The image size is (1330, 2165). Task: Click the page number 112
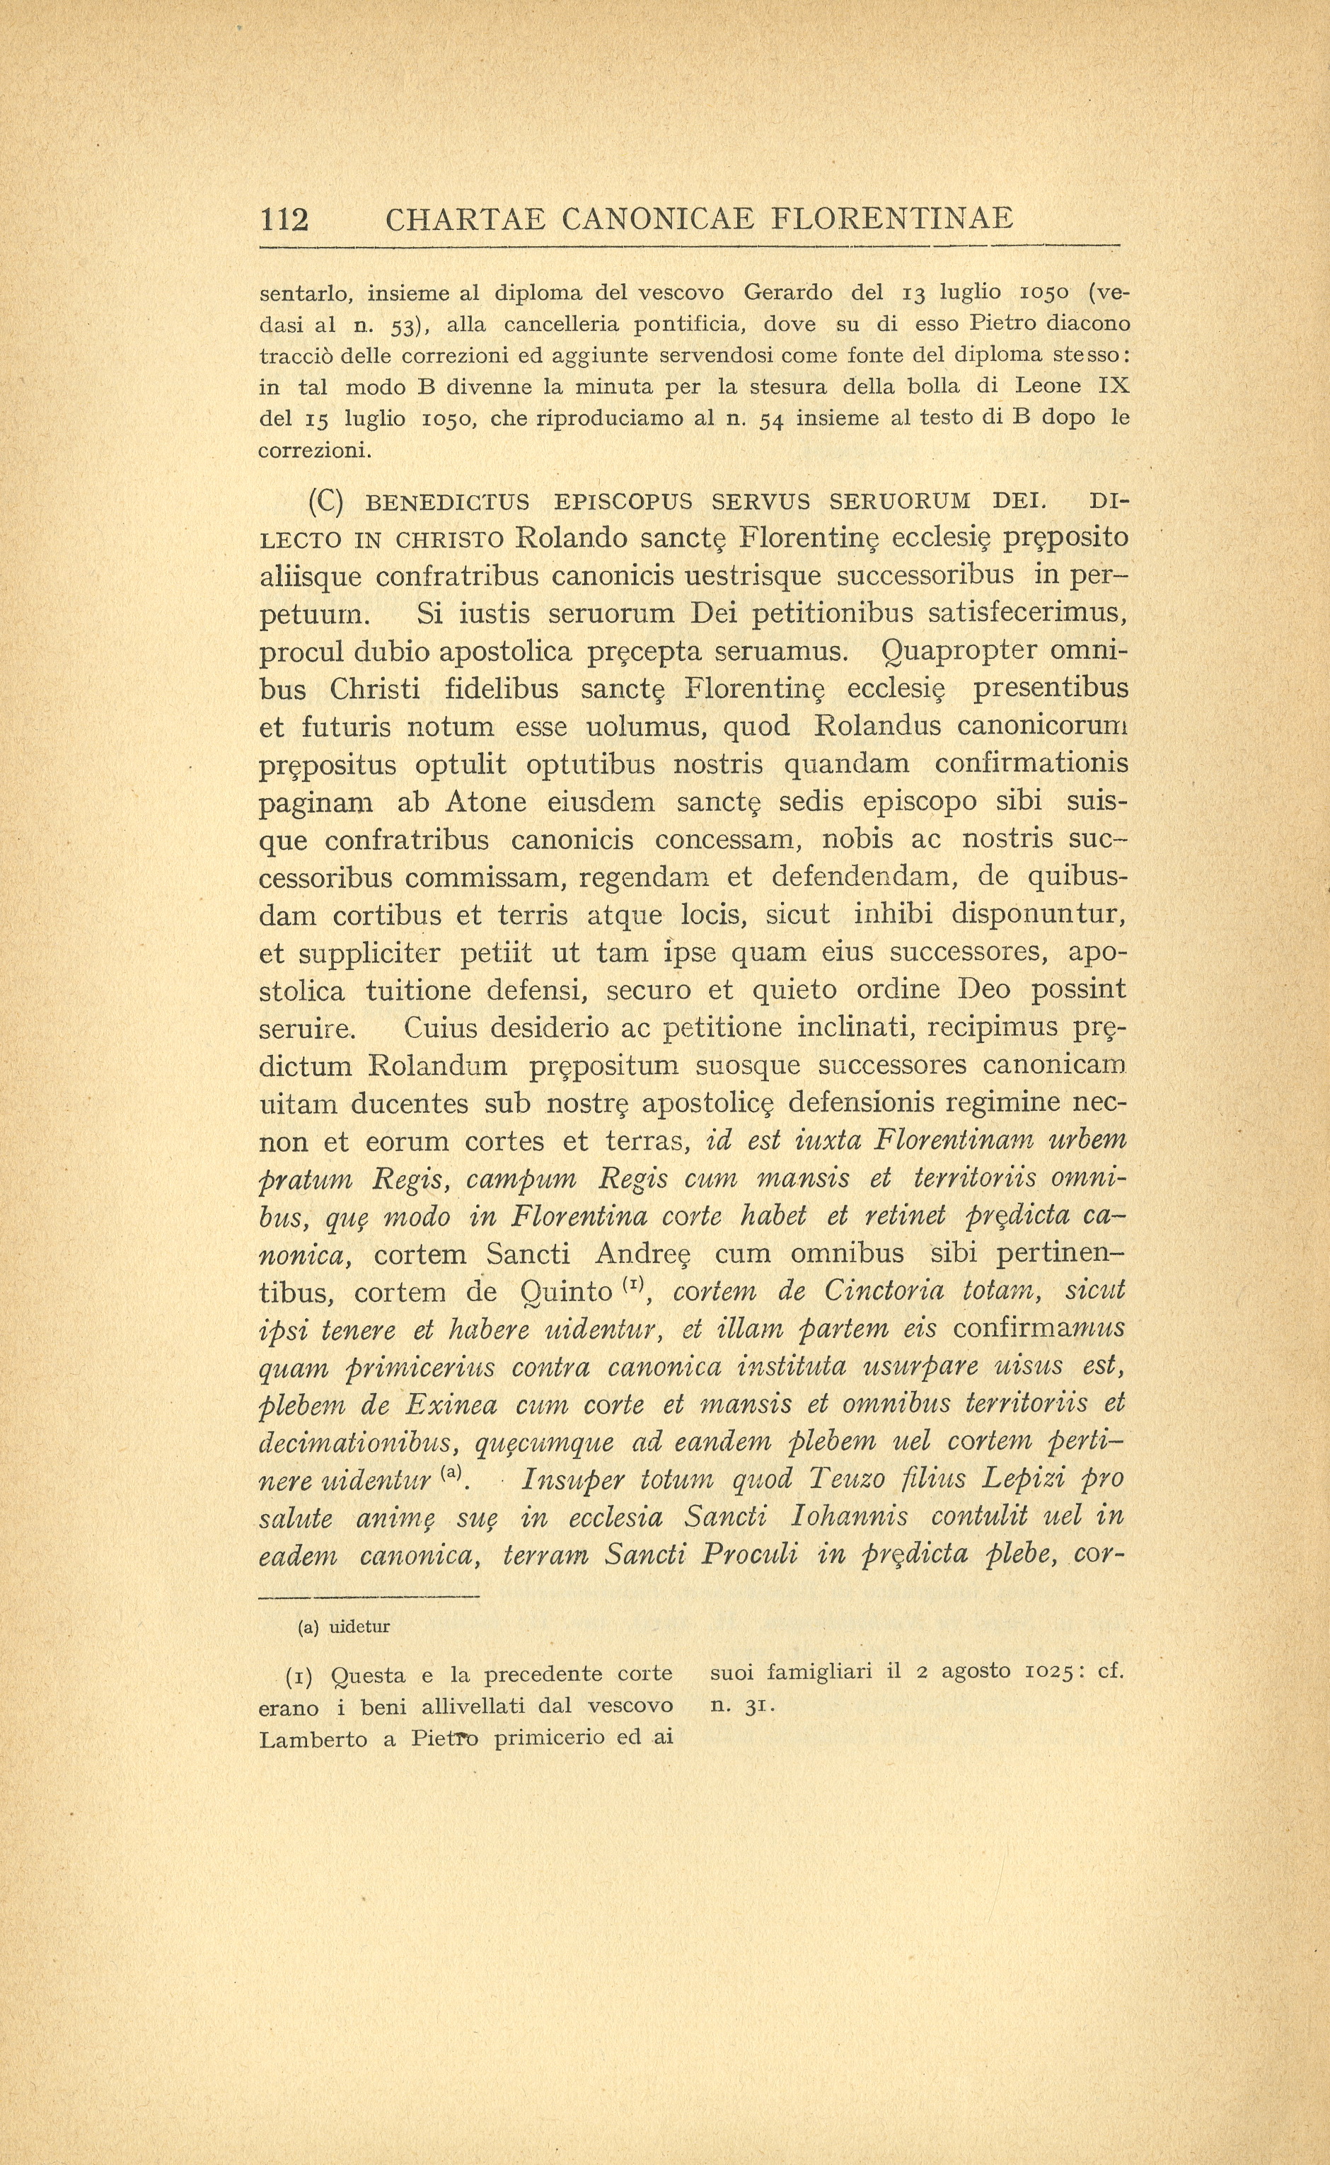tap(284, 218)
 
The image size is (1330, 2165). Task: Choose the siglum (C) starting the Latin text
tap(325, 502)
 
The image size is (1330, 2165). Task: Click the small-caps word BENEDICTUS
tap(447, 503)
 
